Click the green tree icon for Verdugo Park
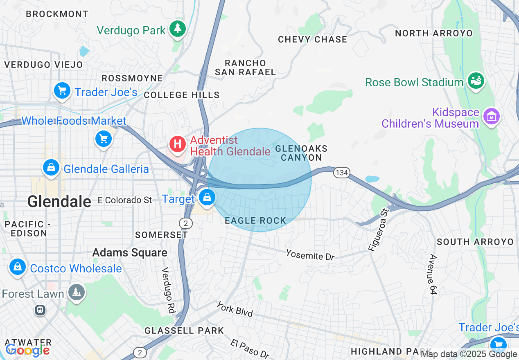pyautogui.click(x=178, y=29)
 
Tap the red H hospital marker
pyautogui.click(x=178, y=144)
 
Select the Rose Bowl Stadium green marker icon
pyautogui.click(x=476, y=81)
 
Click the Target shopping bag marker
pyautogui.click(x=207, y=198)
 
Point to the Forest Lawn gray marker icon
pyautogui.click(x=77, y=292)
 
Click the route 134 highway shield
pyautogui.click(x=341, y=173)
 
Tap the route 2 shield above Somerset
pyautogui.click(x=185, y=223)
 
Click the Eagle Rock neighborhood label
pyautogui.click(x=255, y=221)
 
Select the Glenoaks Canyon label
pyautogui.click(x=301, y=153)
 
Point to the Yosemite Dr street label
pyautogui.click(x=310, y=254)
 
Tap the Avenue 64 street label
pyautogui.click(x=432, y=274)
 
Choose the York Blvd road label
pyautogui.click(x=235, y=309)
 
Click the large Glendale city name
pyautogui.click(x=59, y=201)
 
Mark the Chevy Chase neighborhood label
pyautogui.click(x=312, y=40)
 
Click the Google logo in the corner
pyautogui.click(x=27, y=351)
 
